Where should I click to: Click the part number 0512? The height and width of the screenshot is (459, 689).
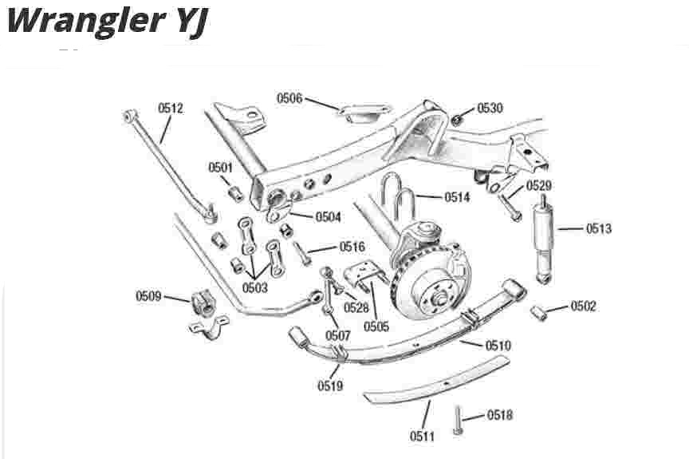(171, 108)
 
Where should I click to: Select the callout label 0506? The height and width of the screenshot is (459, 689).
(290, 98)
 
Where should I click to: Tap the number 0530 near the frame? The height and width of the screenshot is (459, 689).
(490, 109)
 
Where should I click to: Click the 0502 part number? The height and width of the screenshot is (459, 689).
(583, 307)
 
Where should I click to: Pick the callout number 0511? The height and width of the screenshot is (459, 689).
(423, 436)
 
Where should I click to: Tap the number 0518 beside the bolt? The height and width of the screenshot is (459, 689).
(500, 415)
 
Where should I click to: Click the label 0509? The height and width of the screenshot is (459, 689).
(149, 297)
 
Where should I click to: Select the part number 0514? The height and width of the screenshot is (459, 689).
(458, 196)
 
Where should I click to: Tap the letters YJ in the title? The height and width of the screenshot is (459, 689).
(187, 22)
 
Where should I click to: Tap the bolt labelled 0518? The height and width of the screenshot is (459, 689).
(457, 420)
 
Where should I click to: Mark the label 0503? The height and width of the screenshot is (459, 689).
(255, 285)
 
